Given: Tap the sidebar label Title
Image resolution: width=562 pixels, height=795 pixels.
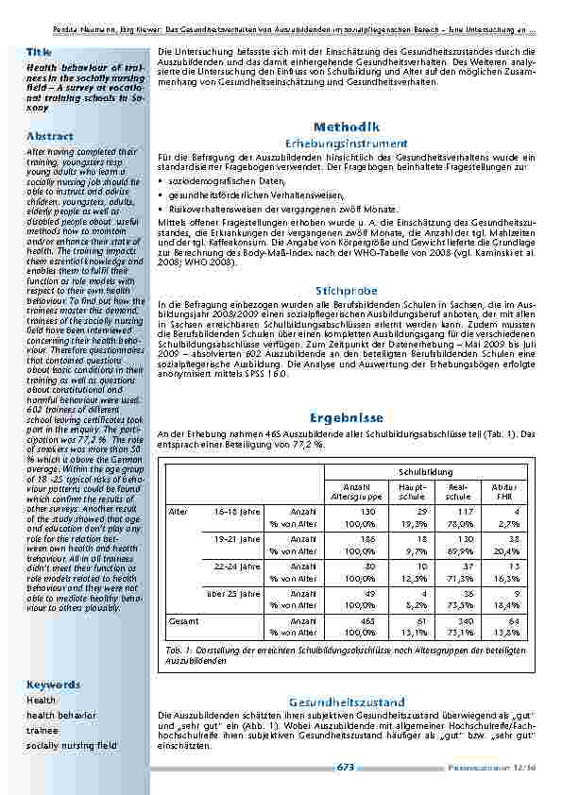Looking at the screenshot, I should (x=39, y=50).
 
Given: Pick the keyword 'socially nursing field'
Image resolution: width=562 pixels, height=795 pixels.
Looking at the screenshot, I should (x=72, y=745).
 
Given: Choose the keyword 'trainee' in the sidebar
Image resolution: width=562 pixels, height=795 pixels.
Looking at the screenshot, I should (x=42, y=730).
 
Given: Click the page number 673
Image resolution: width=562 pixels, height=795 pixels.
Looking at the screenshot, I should (x=345, y=769).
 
